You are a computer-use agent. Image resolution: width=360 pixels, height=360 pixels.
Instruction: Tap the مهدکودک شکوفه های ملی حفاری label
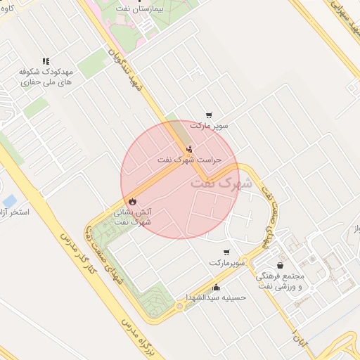(47, 77)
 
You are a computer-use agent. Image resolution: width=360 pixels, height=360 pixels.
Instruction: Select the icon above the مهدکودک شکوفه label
(46, 62)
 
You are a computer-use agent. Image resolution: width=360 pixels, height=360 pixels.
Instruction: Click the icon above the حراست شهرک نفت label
(189, 148)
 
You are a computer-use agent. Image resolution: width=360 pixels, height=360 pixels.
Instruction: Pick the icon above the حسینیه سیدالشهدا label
(215, 287)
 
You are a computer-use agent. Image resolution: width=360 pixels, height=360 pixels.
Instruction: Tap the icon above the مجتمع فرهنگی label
(281, 266)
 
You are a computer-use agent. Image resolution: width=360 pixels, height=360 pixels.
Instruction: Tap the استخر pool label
(14, 211)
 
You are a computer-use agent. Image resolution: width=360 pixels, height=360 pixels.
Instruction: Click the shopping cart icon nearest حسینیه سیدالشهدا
(226, 252)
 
